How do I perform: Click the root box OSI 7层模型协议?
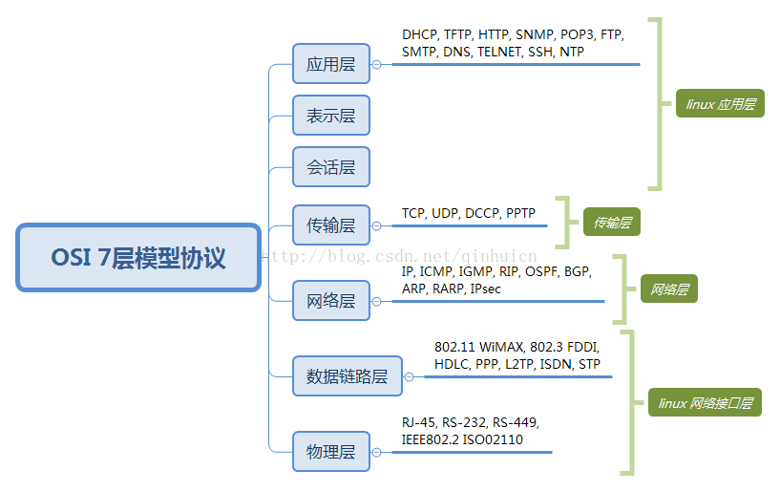(138, 258)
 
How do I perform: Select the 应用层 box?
(330, 65)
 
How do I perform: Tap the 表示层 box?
(330, 116)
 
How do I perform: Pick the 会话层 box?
(330, 167)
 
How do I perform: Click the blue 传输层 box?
(330, 225)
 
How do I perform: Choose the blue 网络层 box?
(330, 301)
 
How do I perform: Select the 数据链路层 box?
(348, 375)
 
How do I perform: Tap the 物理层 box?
(330, 451)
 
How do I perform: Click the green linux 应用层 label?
(720, 104)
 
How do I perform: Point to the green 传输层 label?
(612, 223)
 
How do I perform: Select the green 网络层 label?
(669, 289)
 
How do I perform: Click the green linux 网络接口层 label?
(705, 403)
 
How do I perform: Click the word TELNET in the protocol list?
(499, 52)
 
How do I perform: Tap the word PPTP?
(521, 213)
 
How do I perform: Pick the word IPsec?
(486, 289)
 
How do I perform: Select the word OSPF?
(541, 272)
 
